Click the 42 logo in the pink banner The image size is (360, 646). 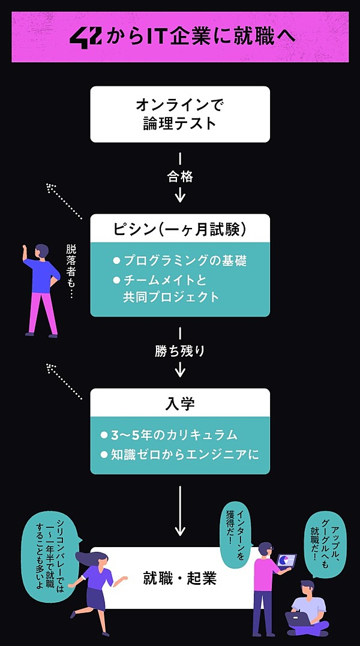click(x=86, y=37)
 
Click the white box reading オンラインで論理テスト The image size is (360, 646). click(x=180, y=114)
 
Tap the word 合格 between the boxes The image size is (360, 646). click(x=180, y=177)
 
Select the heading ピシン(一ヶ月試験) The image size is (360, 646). click(x=180, y=229)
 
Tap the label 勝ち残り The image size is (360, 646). click(x=180, y=351)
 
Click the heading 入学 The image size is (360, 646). click(x=180, y=403)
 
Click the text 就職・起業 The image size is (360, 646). click(x=180, y=578)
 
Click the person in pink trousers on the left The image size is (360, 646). click(x=41, y=288)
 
